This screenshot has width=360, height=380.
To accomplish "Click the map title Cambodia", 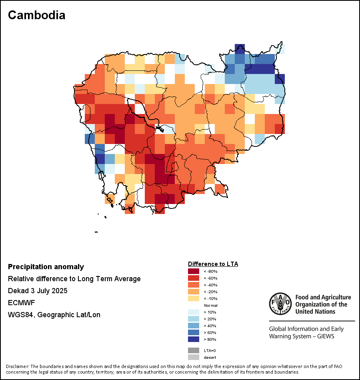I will [x=36, y=15].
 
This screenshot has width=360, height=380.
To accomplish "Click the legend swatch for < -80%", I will [x=193, y=271].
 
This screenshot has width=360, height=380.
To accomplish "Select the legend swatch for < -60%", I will [x=193, y=278].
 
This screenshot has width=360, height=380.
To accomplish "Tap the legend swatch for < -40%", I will [x=193, y=285].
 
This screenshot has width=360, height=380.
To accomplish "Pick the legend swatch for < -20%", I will [x=193, y=292].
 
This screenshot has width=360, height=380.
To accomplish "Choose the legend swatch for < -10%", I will [x=193, y=298].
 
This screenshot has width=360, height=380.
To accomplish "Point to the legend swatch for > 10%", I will [x=193, y=312].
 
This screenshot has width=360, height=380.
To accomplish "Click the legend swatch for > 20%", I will [x=193, y=319].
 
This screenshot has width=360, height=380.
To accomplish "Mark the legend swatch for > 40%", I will [x=193, y=326].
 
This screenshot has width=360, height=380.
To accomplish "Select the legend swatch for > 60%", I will [x=193, y=332].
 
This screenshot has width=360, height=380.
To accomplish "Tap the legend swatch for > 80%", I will [x=193, y=339].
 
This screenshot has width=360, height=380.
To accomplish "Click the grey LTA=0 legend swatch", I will [x=193, y=350].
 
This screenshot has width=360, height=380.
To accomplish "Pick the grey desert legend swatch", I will [x=193, y=357].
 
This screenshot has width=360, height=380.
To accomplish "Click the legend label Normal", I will [x=210, y=305].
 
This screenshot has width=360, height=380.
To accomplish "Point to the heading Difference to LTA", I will [x=213, y=264].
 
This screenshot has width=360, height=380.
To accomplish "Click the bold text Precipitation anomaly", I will [x=46, y=267].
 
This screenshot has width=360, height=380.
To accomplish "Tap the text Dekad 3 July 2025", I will [x=38, y=291].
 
